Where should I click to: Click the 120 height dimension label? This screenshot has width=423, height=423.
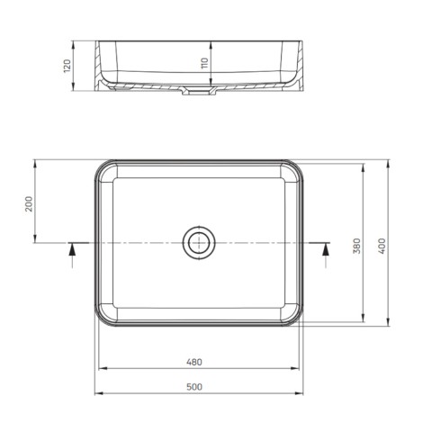click(67, 66)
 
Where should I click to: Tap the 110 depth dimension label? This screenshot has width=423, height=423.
click(204, 63)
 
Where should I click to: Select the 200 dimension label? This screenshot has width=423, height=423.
click(29, 203)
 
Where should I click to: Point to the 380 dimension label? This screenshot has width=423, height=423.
click(356, 246)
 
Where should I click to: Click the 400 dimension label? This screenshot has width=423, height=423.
click(382, 246)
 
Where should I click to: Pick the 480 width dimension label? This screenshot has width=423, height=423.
click(194, 362)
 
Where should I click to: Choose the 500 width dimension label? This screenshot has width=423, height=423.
click(194, 387)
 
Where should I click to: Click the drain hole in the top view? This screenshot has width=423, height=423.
click(199, 243)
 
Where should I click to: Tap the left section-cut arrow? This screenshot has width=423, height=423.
click(72, 255)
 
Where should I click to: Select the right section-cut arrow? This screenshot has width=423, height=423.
click(326, 255)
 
